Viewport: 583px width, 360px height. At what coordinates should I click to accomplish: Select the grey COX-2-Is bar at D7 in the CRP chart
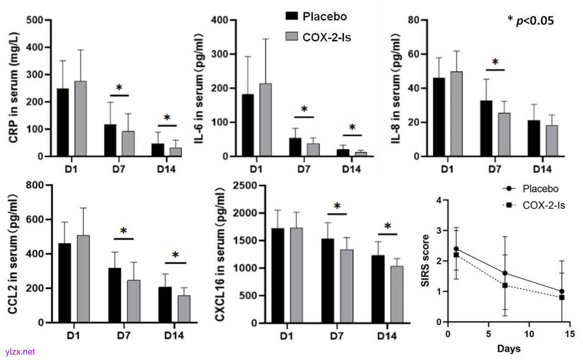tap(129, 143)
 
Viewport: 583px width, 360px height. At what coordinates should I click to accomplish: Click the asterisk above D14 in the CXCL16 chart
tap(388, 226)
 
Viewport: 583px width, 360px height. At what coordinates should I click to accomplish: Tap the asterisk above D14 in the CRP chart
tap(167, 118)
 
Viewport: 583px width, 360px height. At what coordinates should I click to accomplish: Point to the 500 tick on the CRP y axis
tap(37, 21)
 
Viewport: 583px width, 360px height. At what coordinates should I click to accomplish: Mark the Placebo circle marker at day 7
tap(505, 273)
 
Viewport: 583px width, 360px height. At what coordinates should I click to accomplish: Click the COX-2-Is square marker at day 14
tap(562, 298)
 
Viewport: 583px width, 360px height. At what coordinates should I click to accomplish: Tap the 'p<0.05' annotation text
tap(535, 21)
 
